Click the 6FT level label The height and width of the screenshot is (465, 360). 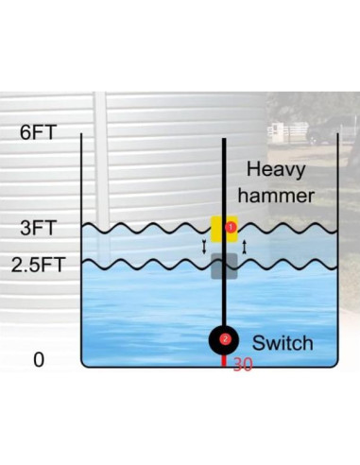[39, 131]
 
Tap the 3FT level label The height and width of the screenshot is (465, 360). [39, 228]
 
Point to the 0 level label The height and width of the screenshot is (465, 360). [39, 360]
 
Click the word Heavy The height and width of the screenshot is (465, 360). [279, 170]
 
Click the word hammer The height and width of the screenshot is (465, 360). [279, 196]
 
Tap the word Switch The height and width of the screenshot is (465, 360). [283, 342]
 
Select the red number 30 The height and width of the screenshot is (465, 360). [242, 365]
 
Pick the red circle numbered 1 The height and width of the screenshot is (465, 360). [230, 228]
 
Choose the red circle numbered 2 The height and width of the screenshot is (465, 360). [225, 338]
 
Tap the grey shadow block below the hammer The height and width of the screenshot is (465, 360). [224, 267]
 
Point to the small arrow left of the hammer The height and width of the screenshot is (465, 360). [203, 247]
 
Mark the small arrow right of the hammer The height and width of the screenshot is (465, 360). [246, 247]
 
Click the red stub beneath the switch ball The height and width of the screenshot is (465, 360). [224, 360]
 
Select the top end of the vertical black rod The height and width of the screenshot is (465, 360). [224, 141]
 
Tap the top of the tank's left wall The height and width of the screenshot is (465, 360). [82, 136]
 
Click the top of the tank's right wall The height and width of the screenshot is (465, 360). [337, 136]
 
